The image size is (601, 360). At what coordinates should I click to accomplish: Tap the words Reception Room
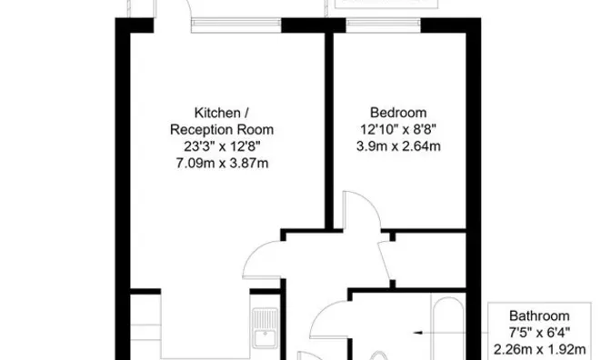tap(222, 130)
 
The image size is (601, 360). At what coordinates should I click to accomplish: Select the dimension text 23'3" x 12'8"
tap(222, 146)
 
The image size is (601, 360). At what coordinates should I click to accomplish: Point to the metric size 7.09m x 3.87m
tap(222, 164)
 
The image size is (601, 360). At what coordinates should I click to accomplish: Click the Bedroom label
tap(398, 113)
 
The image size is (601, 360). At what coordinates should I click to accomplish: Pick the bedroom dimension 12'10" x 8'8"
tap(398, 130)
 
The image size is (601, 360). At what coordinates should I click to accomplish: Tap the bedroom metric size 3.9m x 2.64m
tap(398, 146)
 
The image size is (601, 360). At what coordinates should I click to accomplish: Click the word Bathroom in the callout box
tap(539, 316)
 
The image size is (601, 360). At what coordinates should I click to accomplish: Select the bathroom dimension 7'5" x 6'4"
tap(539, 333)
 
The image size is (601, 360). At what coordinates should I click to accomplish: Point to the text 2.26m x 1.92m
tap(539, 350)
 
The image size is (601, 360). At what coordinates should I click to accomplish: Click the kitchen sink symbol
tap(265, 328)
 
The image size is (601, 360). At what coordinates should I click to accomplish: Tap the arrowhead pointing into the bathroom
tap(418, 333)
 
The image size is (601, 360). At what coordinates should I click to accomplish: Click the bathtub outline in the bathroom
tap(448, 325)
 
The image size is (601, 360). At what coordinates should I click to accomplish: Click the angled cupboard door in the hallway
tap(385, 261)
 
